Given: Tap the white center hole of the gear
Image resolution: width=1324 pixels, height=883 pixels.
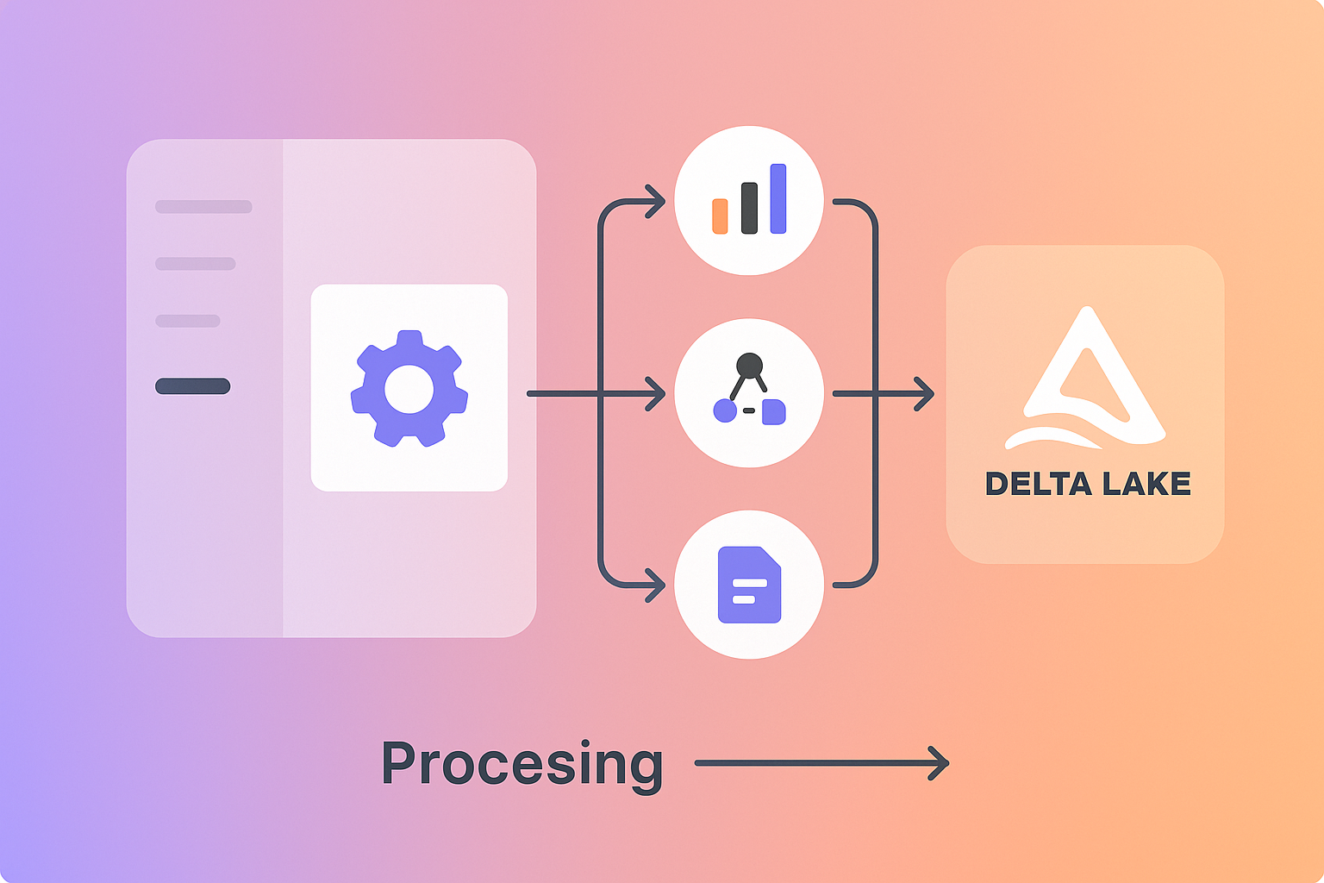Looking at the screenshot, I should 409,389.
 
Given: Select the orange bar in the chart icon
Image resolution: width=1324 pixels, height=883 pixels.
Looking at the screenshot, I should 720,216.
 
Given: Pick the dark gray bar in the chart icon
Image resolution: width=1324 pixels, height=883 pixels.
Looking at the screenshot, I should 749,208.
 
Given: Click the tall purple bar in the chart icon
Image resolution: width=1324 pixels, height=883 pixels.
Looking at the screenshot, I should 778,198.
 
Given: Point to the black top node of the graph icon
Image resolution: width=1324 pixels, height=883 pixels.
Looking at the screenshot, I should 749,366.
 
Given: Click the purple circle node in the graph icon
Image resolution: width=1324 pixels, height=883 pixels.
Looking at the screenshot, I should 725,411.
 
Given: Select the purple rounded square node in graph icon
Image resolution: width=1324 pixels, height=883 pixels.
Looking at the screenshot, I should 774,411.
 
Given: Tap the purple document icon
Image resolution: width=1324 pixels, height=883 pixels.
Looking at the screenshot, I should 749,585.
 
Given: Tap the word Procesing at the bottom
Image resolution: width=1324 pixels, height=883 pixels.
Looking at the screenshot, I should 522,764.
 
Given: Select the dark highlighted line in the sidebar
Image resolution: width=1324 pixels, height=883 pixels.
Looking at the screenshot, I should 192,386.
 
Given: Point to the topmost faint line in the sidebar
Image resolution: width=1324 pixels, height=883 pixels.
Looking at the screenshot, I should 203,207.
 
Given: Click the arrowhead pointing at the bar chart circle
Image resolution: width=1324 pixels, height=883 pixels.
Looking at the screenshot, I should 657,203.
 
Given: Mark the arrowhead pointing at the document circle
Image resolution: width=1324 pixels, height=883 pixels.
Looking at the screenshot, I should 657,586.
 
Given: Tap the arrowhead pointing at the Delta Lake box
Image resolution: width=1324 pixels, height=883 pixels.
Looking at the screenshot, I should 926,394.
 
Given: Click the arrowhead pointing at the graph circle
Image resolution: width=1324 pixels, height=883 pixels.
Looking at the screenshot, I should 657,394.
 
